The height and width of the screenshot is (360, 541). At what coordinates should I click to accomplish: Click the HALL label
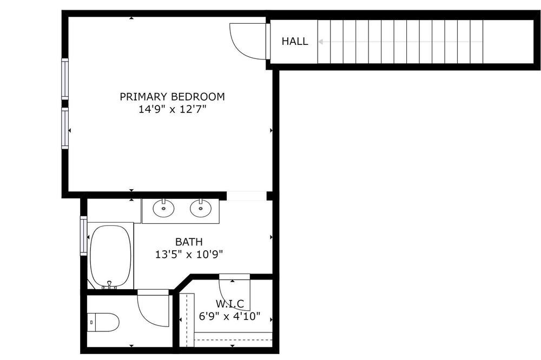point(295,42)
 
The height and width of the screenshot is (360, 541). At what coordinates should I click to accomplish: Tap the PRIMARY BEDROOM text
point(172,97)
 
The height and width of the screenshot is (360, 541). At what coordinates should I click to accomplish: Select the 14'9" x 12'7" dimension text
point(172,110)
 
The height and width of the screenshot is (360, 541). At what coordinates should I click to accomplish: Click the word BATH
point(189,242)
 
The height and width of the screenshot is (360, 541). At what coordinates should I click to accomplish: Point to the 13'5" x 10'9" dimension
point(189,255)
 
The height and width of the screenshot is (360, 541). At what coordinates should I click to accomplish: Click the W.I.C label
point(230,304)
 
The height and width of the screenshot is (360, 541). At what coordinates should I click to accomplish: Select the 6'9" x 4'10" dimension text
point(230,316)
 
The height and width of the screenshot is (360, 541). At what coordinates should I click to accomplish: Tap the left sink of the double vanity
point(163,208)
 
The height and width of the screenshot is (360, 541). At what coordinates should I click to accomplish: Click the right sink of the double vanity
point(201,208)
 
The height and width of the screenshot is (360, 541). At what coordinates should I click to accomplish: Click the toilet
point(103,322)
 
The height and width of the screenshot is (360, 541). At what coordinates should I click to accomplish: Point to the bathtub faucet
point(109,285)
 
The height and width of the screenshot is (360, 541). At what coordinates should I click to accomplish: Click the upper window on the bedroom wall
point(65,78)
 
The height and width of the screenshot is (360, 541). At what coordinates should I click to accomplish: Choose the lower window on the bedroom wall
point(65,128)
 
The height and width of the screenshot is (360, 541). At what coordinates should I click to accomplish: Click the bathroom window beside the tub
point(83,236)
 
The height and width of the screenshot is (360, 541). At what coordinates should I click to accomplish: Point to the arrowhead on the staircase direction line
point(320,42)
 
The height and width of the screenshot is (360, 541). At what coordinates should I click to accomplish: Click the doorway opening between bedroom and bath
point(247,196)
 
